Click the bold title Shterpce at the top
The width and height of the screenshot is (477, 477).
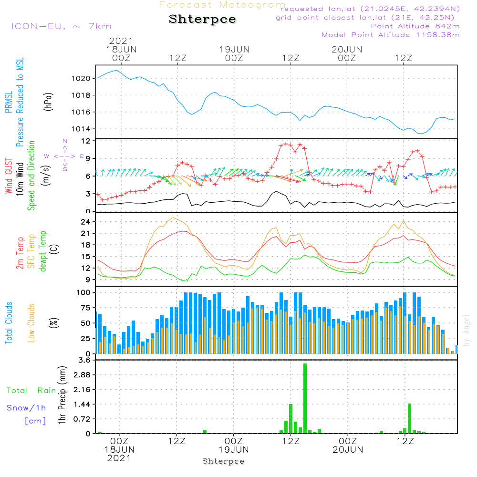(202, 19)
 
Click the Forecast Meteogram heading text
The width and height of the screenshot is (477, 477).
(222, 5)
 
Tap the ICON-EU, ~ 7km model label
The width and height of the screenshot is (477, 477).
(61, 26)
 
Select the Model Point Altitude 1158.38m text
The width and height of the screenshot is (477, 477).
(391, 35)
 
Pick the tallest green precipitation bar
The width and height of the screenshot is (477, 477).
(305, 398)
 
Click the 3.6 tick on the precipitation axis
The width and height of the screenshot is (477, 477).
(84, 360)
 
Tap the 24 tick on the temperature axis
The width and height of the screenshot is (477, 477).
(85, 222)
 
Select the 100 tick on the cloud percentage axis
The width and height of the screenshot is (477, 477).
(83, 292)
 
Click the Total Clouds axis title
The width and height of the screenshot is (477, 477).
(9, 323)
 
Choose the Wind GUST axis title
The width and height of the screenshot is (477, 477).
(9, 176)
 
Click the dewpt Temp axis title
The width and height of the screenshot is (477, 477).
(43, 251)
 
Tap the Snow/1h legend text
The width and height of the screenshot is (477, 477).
(27, 408)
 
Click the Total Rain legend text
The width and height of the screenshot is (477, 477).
(31, 391)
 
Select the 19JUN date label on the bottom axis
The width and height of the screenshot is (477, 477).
(234, 449)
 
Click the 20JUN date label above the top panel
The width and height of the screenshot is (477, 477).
(347, 49)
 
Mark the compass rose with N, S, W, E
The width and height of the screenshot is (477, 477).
(64, 156)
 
